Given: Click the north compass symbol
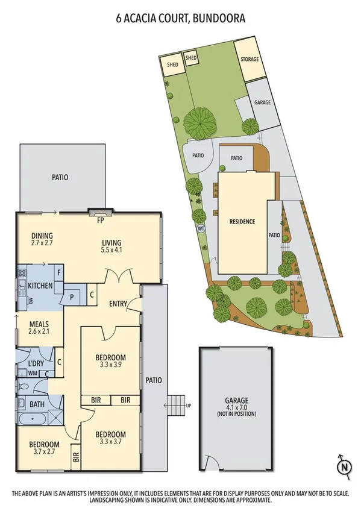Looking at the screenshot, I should pos(343,466).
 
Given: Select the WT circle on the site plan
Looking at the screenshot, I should pos(201,228).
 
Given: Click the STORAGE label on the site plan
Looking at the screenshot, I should pos(250,60).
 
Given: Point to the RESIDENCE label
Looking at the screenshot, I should pos(242,222).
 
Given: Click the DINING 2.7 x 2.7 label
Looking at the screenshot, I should pos(42,239).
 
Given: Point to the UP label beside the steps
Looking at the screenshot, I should pos(189,406).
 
